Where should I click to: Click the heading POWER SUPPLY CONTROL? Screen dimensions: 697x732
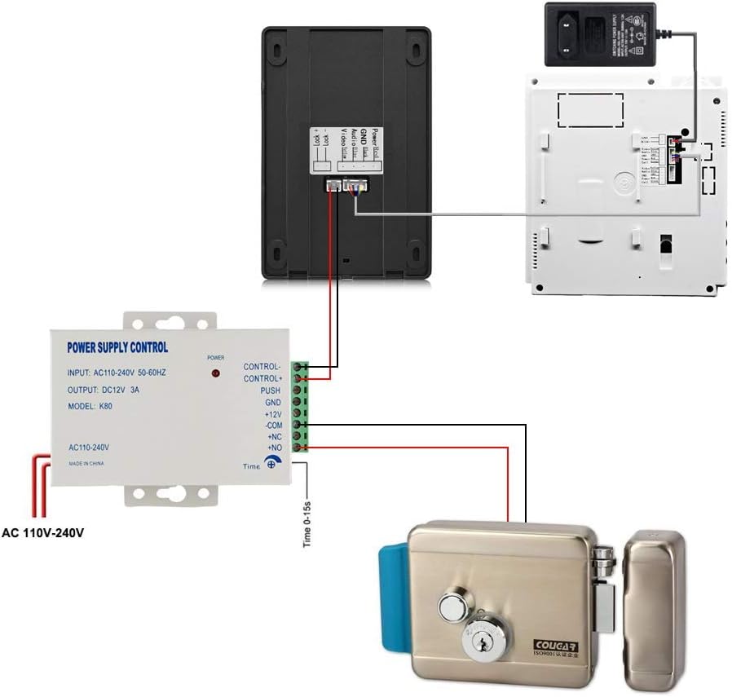tap(117, 347)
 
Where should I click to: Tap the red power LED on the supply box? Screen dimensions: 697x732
tap(216, 373)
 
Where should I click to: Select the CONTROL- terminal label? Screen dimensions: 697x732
tap(262, 367)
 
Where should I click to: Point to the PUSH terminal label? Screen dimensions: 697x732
tap(270, 391)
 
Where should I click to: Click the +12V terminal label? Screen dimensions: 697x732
tap(271, 415)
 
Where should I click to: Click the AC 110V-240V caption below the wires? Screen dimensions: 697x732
tap(43, 533)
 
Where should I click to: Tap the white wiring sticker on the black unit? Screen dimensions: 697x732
tap(347, 152)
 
